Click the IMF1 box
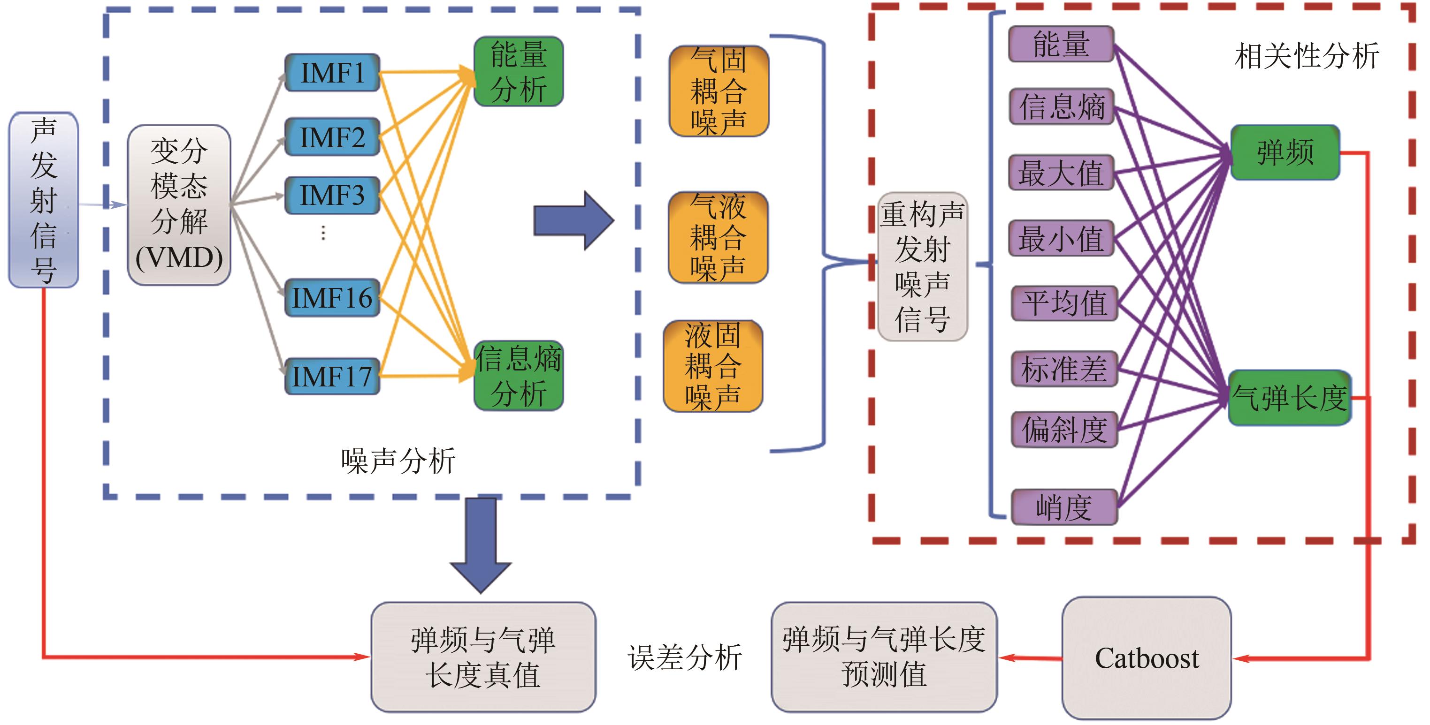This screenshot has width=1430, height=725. [332, 73]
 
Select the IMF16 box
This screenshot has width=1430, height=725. [332, 298]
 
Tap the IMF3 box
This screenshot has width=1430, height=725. [332, 195]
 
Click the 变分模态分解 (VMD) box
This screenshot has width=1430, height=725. [179, 205]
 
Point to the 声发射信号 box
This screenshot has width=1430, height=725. [43, 200]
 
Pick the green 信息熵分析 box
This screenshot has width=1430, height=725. [519, 376]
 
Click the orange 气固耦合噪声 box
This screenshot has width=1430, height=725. [719, 91]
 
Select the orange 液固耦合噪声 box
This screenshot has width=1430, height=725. [713, 366]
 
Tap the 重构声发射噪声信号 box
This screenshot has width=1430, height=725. [923, 266]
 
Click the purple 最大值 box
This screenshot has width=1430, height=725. [1061, 173]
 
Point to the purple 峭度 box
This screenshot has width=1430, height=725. [1063, 507]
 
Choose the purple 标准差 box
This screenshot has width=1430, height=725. [1063, 368]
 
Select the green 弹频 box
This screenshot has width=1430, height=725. [1285, 152]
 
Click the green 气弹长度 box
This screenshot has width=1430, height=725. [1289, 398]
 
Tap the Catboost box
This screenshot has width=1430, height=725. [1147, 658]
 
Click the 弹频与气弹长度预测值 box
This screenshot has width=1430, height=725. [884, 657]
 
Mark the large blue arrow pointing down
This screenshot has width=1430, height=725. [481, 544]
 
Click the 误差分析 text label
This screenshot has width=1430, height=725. [684, 658]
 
